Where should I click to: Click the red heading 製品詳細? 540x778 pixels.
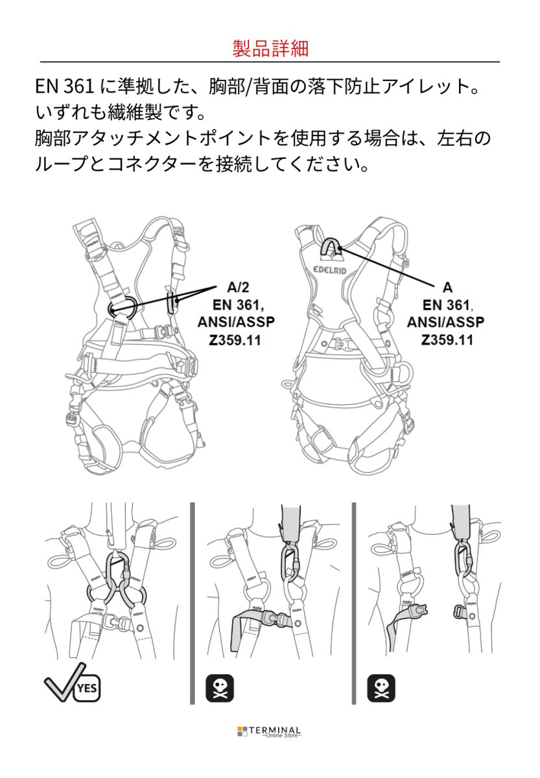pos(270,48)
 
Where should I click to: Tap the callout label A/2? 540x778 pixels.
pos(237,287)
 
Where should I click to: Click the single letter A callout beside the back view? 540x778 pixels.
pos(447,287)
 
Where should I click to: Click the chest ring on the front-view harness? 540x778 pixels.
pos(122,307)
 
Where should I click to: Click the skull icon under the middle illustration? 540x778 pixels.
pos(219,688)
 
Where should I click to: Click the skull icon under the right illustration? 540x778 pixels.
pos(381,688)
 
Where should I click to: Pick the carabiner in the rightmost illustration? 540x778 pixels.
pos(462,561)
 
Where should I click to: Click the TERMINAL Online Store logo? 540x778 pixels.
pos(270,732)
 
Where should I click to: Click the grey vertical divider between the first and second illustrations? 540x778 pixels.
pos(193,603)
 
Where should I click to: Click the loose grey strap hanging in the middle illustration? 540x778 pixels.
pos(249,624)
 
